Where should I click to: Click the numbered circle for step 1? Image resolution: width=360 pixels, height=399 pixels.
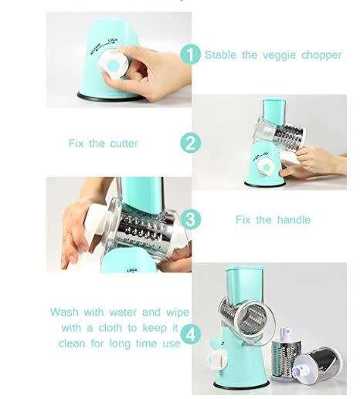click(190, 55)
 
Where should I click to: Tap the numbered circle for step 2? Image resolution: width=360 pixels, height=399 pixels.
click(190, 144)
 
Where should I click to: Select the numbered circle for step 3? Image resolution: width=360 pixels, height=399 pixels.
click(190, 219)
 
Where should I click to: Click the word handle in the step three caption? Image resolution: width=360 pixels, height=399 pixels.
click(293, 220)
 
